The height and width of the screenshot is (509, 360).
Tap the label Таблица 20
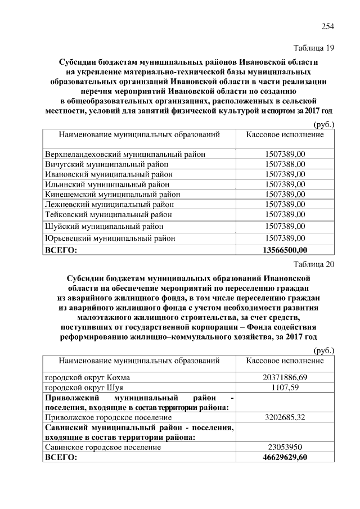coord(314,266)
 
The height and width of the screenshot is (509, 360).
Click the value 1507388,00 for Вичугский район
coord(285,164)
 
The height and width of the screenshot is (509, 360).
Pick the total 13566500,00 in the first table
coord(285,250)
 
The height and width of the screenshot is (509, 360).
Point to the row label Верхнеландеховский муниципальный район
coord(124,154)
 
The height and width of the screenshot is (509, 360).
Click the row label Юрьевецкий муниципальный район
coord(110,238)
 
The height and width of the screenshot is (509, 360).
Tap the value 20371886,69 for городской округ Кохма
coord(285,377)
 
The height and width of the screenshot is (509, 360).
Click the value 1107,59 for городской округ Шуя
coord(285,388)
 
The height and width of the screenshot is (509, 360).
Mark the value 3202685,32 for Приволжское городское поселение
coord(285,418)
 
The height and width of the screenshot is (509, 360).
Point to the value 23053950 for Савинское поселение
coord(285,447)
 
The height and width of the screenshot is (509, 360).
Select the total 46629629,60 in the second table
coord(285,458)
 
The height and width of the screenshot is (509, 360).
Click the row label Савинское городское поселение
coord(102,447)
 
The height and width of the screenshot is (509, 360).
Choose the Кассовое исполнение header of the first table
coord(285,135)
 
